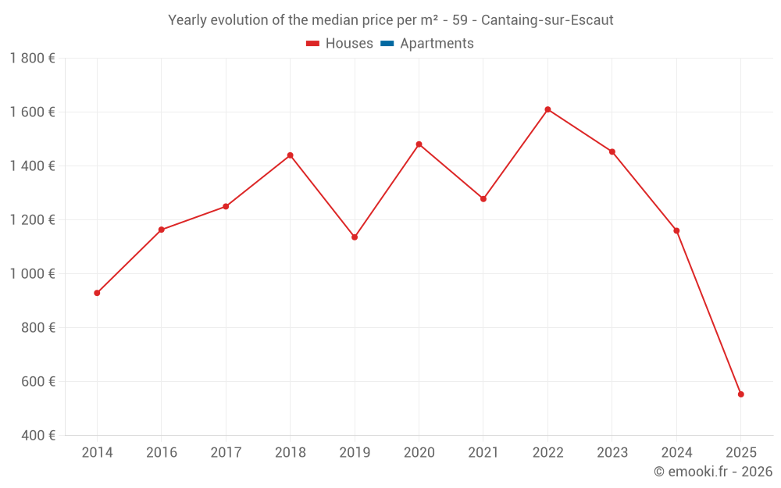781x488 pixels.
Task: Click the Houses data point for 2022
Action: point(547,109)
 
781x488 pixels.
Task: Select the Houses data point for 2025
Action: point(740,394)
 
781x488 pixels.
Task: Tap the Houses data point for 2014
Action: point(97,293)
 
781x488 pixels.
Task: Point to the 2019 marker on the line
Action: point(355,237)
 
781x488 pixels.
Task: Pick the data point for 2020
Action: point(419,144)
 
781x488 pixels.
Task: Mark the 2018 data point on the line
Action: point(290,155)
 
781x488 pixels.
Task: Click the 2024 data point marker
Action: point(676,230)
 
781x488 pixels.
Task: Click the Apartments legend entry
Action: point(437,44)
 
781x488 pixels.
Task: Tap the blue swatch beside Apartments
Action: point(387,44)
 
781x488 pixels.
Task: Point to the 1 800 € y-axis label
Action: point(33,59)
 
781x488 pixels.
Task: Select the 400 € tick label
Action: point(38,436)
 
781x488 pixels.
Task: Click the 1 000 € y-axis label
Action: point(33,274)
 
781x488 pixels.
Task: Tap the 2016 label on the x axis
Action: point(161,453)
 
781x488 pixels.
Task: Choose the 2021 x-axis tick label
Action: point(483,453)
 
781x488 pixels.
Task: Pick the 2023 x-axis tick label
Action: point(612,453)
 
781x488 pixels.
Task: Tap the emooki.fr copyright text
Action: point(713,472)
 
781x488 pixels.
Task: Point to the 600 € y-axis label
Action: point(38,382)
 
